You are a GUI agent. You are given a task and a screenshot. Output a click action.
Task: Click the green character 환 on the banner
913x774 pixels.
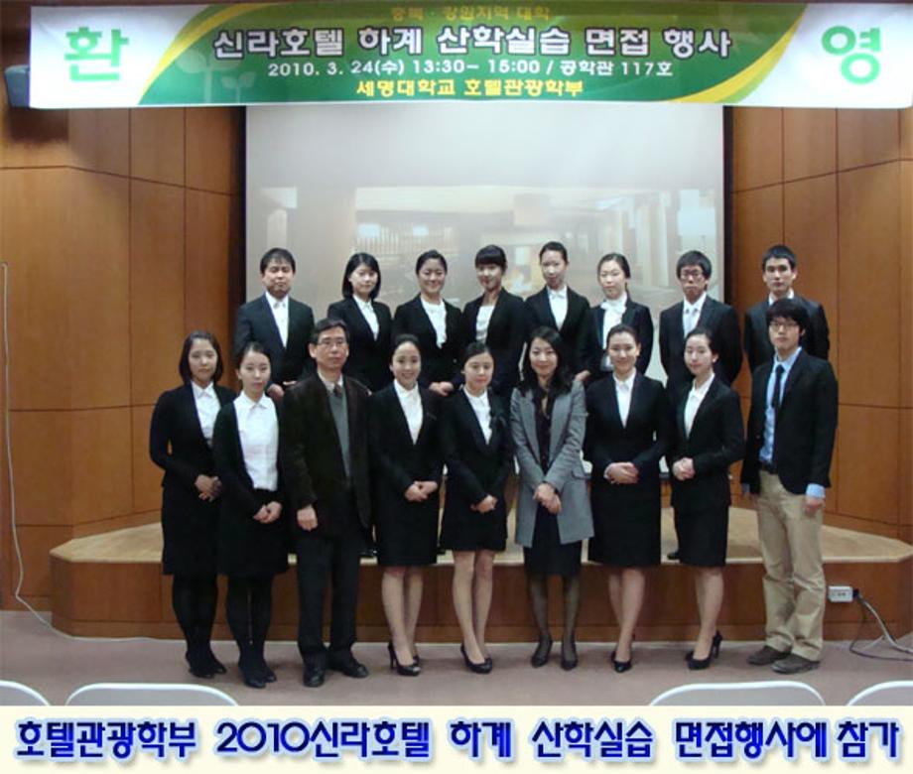(96, 54)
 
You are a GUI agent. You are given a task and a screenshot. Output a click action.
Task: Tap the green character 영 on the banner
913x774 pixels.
(850, 53)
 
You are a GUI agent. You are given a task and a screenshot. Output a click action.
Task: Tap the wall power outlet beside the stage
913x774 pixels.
(841, 593)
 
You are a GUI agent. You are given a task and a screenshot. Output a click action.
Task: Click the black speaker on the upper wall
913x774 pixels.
(17, 85)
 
